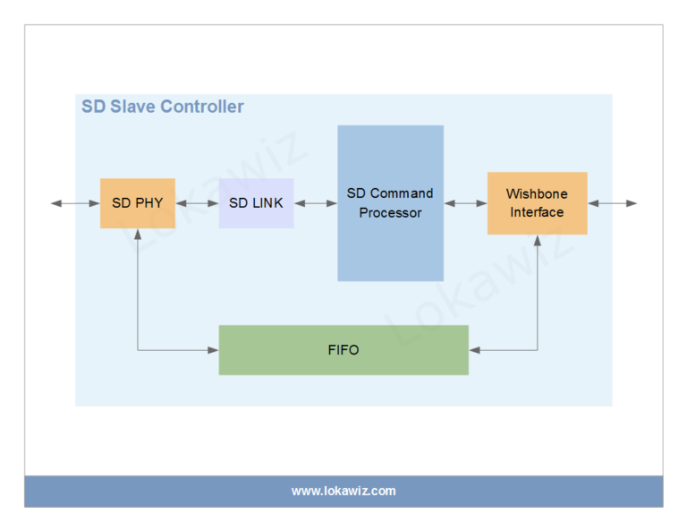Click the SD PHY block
coord(137,203)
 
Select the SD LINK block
coord(256,203)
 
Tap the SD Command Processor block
coord(390,203)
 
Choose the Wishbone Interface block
coord(537,203)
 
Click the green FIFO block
coord(343,349)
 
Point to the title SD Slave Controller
coord(163,107)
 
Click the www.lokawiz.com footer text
coord(343,491)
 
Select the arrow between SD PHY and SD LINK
coord(197,203)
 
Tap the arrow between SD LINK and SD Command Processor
coord(316,203)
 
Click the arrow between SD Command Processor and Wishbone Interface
coord(465,203)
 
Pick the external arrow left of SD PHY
coord(75,203)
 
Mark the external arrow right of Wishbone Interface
coord(612,203)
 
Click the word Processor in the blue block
coord(390,213)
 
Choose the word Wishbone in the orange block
coord(537,193)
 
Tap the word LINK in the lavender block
coord(267,203)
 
